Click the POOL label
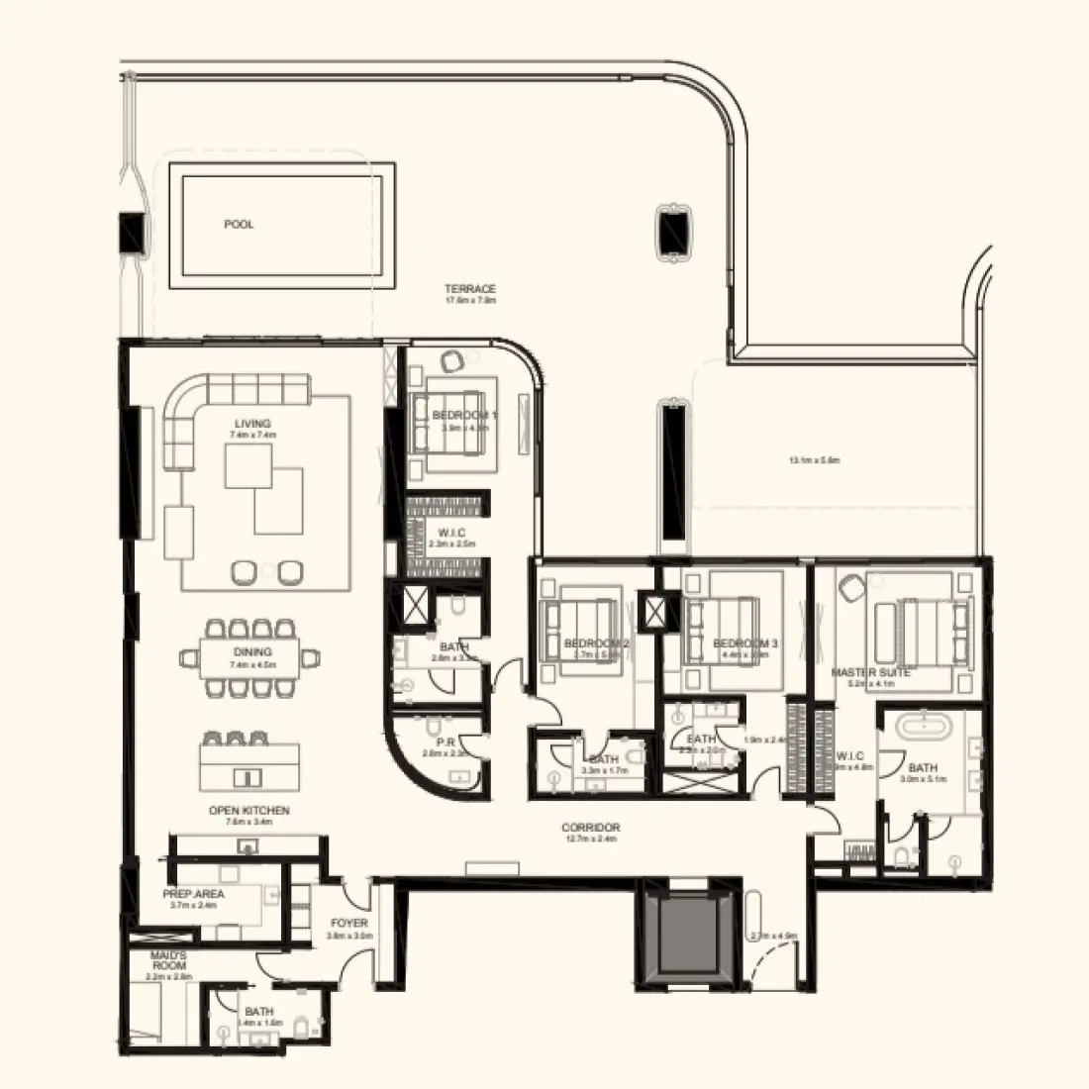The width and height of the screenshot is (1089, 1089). [239, 225]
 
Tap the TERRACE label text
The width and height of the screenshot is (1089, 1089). [470, 289]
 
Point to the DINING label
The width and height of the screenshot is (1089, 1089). [246, 652]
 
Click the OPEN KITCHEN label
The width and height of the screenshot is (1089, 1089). [249, 810]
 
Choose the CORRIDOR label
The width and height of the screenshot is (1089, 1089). [590, 828]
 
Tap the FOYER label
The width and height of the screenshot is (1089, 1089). [349, 924]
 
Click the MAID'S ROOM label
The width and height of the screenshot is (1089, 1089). [169, 959]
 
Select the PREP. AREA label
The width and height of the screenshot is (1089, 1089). [194, 893]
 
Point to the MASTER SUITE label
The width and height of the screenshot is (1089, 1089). [870, 672]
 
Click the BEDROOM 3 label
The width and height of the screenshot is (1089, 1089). [744, 643]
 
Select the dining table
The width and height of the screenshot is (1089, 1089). [246, 658]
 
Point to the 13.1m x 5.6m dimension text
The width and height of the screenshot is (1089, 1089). [815, 460]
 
